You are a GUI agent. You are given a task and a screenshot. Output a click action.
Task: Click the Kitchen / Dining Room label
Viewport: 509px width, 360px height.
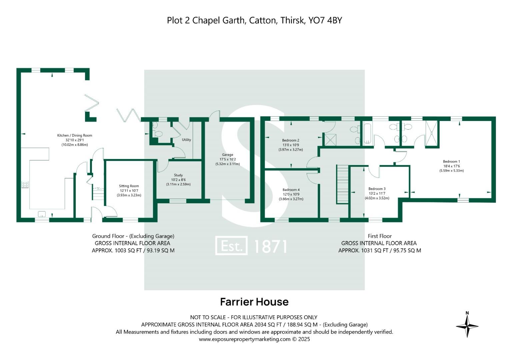(x=74, y=135)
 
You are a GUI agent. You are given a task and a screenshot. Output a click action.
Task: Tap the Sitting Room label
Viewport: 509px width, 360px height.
(x=129, y=186)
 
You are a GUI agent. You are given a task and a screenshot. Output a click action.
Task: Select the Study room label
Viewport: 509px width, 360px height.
(x=178, y=175)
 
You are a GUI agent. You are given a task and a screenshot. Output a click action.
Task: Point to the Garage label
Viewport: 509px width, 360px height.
(x=228, y=155)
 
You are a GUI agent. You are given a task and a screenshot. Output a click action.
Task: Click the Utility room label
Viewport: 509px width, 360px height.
(x=186, y=140)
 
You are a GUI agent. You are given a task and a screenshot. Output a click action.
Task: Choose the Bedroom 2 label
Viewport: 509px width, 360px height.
(x=291, y=140)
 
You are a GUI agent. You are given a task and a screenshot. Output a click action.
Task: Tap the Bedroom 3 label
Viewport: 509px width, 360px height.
(x=377, y=189)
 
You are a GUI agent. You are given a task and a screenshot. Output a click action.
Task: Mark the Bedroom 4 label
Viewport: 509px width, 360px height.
(x=291, y=190)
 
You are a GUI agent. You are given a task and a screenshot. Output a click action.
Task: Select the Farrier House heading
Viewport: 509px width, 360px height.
(x=254, y=302)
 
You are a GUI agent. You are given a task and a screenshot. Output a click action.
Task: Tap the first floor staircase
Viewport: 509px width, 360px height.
(x=342, y=184)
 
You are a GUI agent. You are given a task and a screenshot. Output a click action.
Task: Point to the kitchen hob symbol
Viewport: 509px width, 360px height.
(x=25, y=184)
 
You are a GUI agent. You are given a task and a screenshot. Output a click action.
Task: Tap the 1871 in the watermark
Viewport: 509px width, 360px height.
(x=270, y=247)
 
